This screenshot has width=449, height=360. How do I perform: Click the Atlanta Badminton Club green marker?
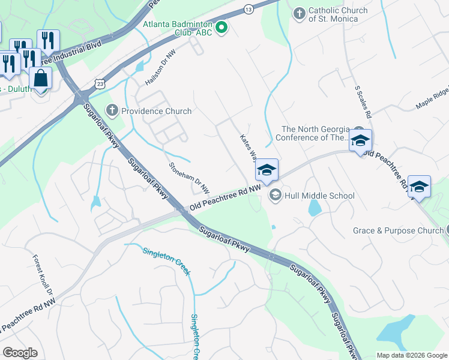[221, 28]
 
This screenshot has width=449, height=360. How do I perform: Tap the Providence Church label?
[156, 111]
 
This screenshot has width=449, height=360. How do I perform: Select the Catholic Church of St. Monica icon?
[299, 13]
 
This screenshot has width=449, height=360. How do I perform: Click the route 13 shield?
[248, 9]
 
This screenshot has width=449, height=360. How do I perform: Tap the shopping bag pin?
[40, 79]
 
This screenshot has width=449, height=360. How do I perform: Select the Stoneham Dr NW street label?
[189, 178]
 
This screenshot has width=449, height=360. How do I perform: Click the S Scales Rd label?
[364, 101]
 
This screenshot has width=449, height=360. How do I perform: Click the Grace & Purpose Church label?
[397, 230]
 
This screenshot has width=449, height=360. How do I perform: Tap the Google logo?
[20, 353]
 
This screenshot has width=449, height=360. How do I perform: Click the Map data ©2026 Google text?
[411, 355]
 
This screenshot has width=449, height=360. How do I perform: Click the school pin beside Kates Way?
[267, 170]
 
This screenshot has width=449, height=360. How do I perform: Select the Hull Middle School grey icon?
[276, 194]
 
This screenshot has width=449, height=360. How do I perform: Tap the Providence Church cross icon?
[112, 110]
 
